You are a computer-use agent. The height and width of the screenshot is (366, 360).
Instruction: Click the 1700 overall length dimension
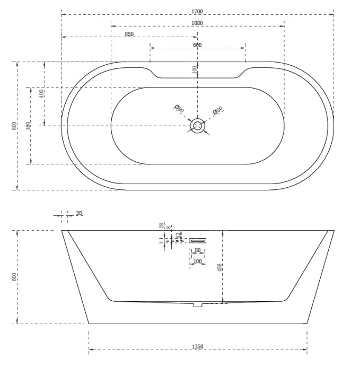tap(198, 11)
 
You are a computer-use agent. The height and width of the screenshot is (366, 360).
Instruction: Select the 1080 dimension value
tap(197, 23)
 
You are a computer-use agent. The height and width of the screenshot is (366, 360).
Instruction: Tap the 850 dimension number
tap(128, 34)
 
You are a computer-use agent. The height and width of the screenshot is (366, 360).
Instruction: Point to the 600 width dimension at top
tap(197, 45)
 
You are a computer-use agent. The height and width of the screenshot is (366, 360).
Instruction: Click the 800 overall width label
tap(14, 126)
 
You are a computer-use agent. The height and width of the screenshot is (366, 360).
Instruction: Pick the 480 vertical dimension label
tap(28, 126)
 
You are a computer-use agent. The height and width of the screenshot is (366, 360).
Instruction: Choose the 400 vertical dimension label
tap(41, 94)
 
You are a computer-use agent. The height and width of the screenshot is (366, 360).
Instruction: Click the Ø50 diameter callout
tap(217, 110)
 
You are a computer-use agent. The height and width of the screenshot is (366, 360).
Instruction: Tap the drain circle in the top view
tap(198, 126)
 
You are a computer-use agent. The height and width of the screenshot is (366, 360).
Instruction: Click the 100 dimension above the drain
tap(195, 69)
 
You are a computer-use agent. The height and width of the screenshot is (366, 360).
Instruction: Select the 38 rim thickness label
tap(79, 213)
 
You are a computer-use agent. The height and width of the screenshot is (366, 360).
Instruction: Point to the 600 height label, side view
tap(14, 276)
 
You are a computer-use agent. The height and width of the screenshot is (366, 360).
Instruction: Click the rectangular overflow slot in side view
tap(197, 240)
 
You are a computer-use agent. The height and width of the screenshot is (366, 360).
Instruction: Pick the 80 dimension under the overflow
tap(197, 250)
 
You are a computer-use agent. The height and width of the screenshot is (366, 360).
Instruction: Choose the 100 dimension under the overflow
tap(197, 261)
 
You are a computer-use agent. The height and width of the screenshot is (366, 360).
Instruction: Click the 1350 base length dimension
tap(197, 347)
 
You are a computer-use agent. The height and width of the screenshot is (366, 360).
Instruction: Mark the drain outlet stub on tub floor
tap(198, 304)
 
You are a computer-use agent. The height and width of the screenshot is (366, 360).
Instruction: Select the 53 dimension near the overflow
tap(178, 236)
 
